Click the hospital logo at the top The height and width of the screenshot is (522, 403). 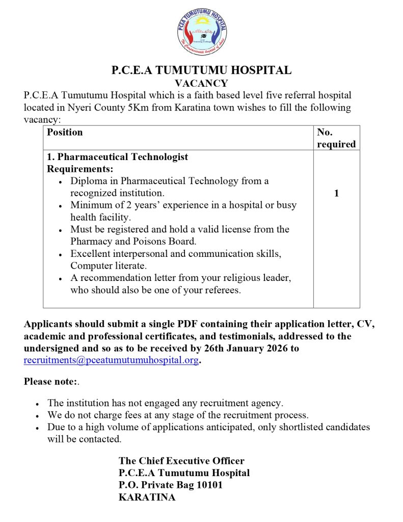tap(202, 32)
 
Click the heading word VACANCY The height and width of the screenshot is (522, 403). tap(201, 83)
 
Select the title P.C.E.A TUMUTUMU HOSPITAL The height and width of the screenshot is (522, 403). tap(201, 70)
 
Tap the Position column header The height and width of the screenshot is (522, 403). tap(65, 133)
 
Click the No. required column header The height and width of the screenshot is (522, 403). tap(336, 138)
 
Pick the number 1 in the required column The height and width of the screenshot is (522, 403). tap(336, 193)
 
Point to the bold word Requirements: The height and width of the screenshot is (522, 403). tap(80, 169)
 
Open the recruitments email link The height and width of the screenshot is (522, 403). tap(111, 361)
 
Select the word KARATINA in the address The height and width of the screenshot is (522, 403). tap(147, 498)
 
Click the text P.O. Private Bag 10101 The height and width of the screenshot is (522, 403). tap(170, 485)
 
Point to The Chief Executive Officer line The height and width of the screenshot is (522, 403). tap(181, 461)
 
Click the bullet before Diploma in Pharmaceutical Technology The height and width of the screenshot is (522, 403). tap(61, 181)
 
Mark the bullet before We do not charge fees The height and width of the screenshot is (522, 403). tap(38, 415)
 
